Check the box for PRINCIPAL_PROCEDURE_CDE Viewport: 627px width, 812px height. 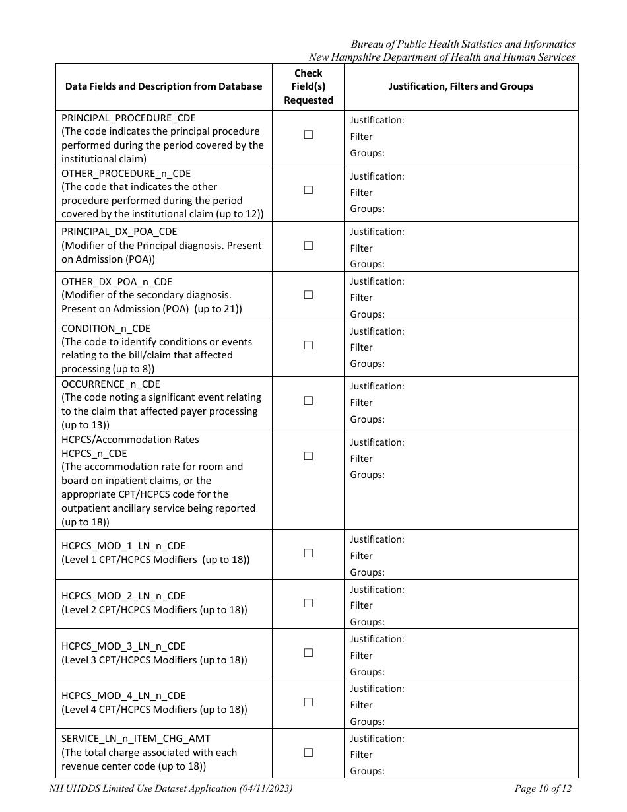(308, 135)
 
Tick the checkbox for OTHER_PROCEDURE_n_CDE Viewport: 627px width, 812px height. (308, 190)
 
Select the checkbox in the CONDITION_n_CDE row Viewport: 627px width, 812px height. (308, 345)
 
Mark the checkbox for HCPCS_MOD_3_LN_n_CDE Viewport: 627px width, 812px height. (308, 653)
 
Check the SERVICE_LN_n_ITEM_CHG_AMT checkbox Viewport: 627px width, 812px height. (308, 753)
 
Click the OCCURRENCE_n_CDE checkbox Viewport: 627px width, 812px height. (308, 401)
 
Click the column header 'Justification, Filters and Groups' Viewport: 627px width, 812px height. (461, 86)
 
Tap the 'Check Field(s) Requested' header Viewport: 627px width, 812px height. (308, 86)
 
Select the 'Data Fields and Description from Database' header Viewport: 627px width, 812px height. (164, 86)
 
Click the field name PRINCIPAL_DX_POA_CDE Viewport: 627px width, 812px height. (119, 232)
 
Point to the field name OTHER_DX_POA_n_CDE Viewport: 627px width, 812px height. (117, 282)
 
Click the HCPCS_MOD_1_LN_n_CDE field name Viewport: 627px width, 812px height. (123, 546)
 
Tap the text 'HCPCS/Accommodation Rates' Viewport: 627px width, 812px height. (130, 440)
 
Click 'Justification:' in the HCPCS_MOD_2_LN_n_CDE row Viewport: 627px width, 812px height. (377, 590)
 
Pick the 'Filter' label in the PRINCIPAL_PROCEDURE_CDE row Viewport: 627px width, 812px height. (361, 137)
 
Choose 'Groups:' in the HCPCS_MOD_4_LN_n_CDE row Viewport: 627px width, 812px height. (367, 722)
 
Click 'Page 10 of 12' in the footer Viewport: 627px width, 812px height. (543, 788)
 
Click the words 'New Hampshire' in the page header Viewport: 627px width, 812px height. (342, 57)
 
